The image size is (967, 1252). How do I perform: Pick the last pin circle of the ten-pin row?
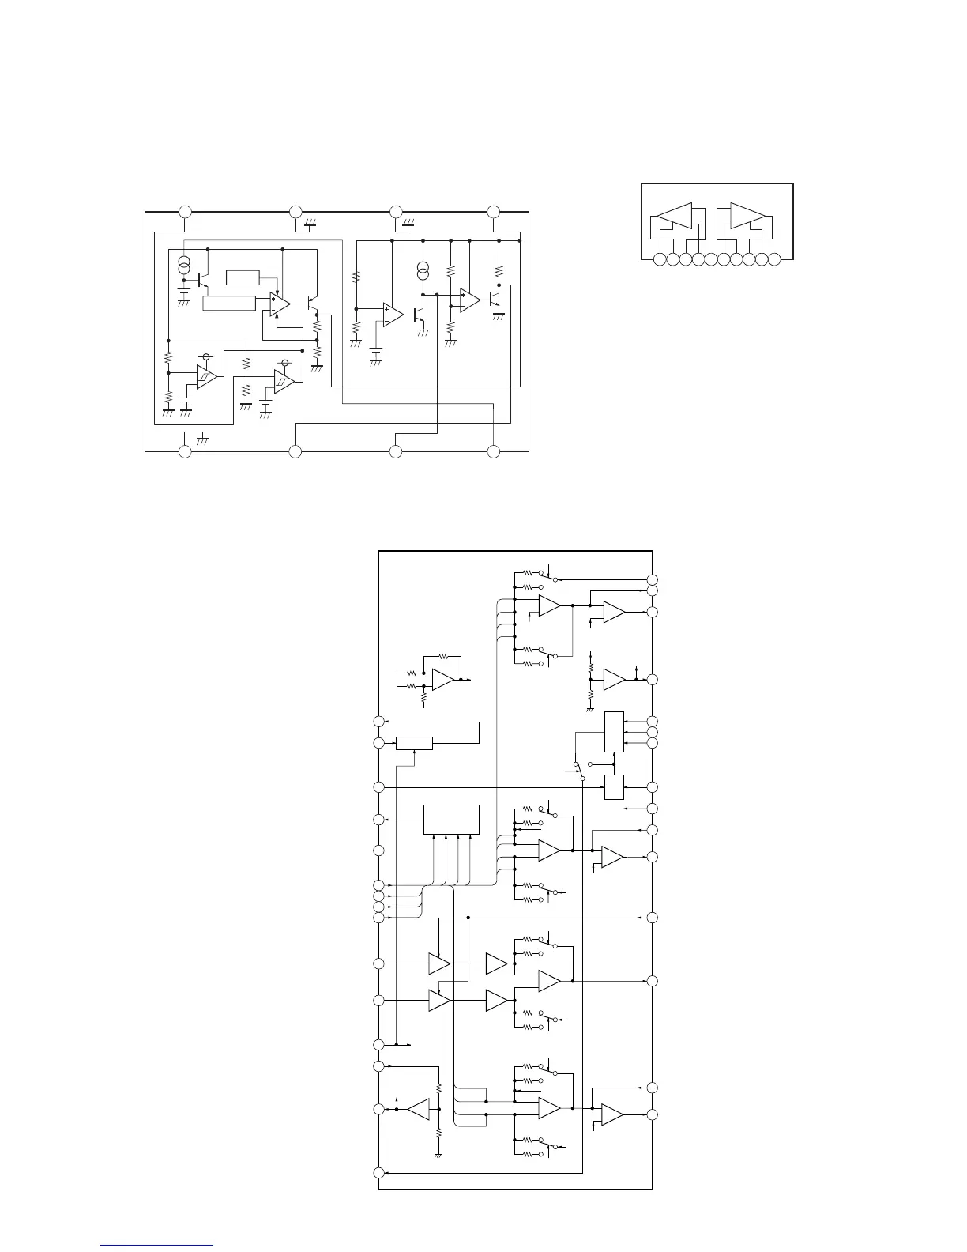[x=774, y=258]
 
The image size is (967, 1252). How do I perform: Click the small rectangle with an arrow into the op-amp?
[x=243, y=277]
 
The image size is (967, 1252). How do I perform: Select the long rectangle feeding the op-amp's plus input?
[x=229, y=303]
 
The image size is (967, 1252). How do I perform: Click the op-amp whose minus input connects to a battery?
[x=393, y=314]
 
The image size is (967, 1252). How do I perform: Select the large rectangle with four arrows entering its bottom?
[x=451, y=819]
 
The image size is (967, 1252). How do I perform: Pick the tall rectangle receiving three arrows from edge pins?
[x=614, y=732]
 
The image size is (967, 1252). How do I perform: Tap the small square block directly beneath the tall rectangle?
[x=614, y=787]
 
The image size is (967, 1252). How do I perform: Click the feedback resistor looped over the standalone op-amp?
[x=443, y=656]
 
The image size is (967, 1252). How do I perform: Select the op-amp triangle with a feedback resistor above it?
[x=443, y=679]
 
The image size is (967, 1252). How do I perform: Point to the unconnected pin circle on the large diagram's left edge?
[x=379, y=850]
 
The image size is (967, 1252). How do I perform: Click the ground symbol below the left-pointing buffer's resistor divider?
[x=438, y=1155]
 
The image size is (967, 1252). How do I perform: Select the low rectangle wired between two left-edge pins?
[x=414, y=743]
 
